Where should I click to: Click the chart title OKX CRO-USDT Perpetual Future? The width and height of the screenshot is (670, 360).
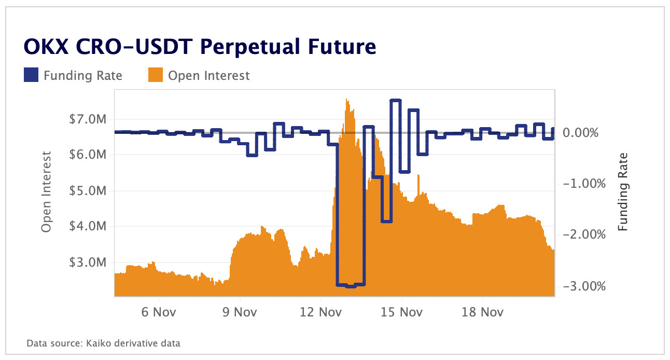200,47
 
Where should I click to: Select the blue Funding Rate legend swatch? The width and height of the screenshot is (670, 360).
31,76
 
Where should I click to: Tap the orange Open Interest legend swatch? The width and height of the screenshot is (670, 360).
156,76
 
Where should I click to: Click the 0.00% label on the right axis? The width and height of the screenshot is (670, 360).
581,133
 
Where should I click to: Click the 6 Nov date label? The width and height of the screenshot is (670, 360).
159,312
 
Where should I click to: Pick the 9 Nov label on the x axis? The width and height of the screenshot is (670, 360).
240,312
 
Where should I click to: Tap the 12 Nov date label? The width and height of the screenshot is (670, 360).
321,312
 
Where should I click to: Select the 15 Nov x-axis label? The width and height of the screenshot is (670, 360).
402,312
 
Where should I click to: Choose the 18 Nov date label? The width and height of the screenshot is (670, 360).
483,312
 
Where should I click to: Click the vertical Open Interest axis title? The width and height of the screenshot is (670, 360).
47,192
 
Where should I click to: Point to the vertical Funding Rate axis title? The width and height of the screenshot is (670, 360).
623,192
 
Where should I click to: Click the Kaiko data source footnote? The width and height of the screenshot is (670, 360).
103,343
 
